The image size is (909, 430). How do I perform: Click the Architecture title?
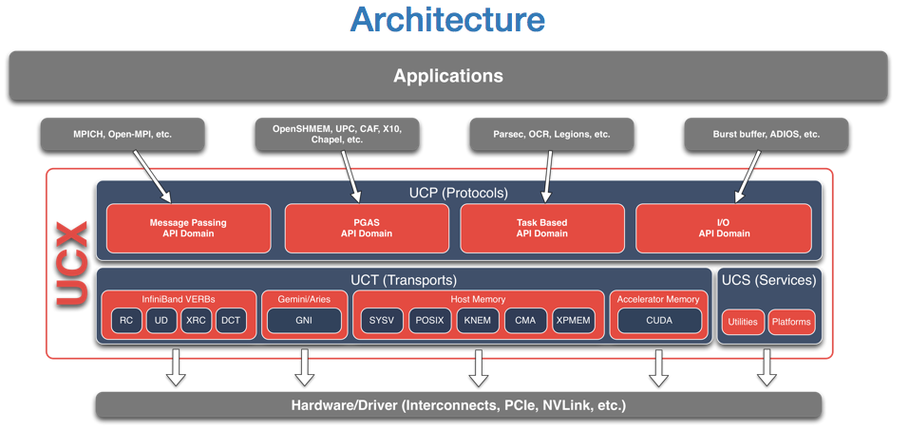click(447, 19)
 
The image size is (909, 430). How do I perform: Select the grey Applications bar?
click(448, 76)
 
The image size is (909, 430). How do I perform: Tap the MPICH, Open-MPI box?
click(123, 135)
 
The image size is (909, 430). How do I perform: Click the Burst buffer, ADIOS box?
click(766, 135)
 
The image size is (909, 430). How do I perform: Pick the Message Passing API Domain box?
click(188, 229)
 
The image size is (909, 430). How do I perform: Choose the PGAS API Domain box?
click(367, 229)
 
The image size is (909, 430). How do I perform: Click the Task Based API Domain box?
click(542, 229)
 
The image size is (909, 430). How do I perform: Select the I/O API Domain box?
click(724, 229)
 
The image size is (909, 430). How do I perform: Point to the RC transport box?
click(126, 321)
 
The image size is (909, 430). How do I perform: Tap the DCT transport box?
click(231, 321)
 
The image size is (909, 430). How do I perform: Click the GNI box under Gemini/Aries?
click(304, 321)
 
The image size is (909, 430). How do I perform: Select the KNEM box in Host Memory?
click(478, 321)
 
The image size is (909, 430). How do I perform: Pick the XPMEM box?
click(574, 321)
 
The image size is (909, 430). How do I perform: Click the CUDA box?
click(659, 321)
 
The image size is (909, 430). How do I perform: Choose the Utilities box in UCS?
click(743, 322)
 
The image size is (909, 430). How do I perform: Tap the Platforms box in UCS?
click(791, 322)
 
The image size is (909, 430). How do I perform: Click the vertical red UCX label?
click(72, 264)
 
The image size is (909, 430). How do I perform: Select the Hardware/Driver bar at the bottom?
click(458, 405)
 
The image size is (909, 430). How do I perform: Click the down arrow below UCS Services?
click(767, 367)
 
